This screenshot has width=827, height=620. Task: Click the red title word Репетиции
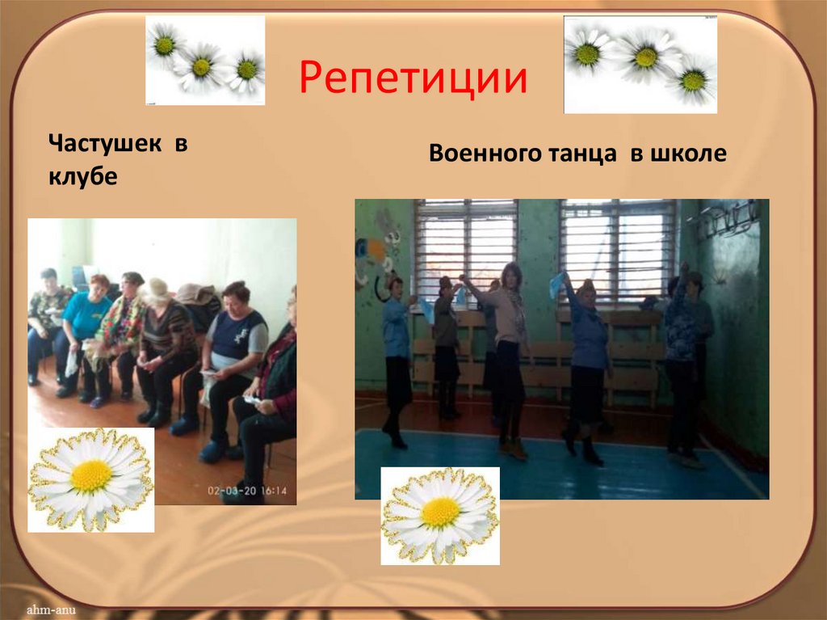tap(413, 78)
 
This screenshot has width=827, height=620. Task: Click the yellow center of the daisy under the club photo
tap(90, 477)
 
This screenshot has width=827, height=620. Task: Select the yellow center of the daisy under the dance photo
tap(440, 512)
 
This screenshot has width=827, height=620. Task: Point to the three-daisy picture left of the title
tap(205, 61)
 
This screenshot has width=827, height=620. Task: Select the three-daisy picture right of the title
tap(640, 64)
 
